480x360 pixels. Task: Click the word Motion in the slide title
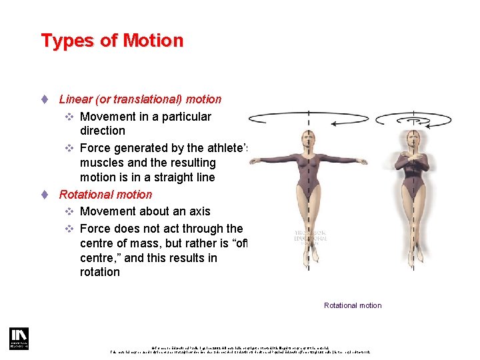pyautogui.click(x=153, y=41)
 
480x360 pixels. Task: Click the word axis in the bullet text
pyautogui.click(x=199, y=211)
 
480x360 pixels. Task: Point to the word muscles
pyautogui.click(x=100, y=163)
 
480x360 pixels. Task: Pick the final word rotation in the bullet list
pyautogui.click(x=100, y=272)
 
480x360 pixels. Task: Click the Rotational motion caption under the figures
pyautogui.click(x=353, y=305)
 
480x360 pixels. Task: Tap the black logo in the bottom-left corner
pyautogui.click(x=19, y=338)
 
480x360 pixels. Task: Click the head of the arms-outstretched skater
pyautogui.click(x=308, y=139)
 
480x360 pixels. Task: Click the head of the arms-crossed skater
pyautogui.click(x=413, y=139)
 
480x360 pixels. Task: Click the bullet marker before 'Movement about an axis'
pyautogui.click(x=69, y=211)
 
